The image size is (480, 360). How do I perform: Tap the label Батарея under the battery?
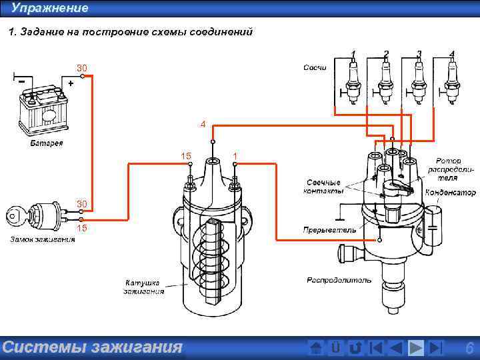click(47, 144)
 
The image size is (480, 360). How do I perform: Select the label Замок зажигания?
click(42, 239)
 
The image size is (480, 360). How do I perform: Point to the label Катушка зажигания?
click(143, 287)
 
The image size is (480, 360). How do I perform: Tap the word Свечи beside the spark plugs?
click(315, 68)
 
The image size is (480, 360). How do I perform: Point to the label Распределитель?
click(339, 280)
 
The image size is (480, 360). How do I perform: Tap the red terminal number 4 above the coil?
click(203, 124)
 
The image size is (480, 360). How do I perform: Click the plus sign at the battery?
click(70, 83)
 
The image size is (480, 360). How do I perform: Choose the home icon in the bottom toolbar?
click(317, 347)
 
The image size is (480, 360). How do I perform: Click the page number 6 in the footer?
click(469, 347)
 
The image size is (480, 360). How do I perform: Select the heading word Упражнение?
click(49, 8)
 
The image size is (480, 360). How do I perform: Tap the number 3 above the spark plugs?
click(419, 53)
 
